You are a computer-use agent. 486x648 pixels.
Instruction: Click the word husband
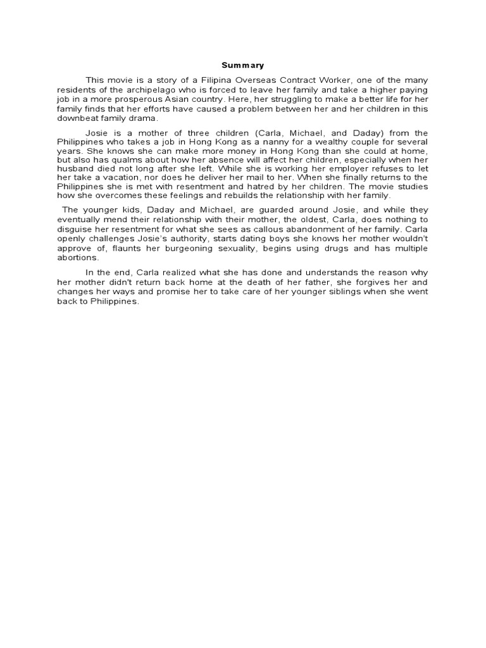(75, 170)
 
